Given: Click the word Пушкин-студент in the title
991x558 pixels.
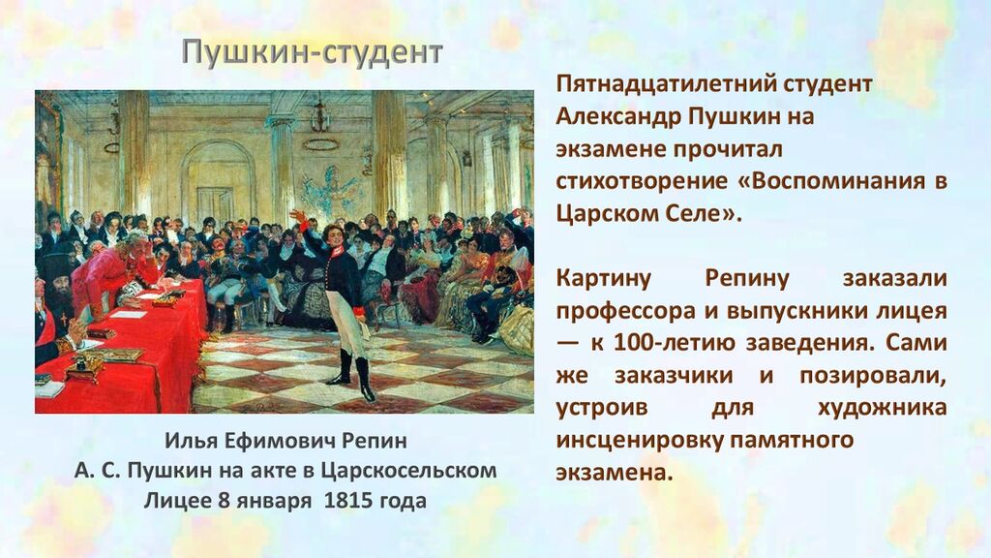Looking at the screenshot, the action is tap(313, 52).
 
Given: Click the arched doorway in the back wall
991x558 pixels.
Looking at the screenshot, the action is tap(218, 179).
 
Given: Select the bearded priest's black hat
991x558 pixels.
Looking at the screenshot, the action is tap(62, 264).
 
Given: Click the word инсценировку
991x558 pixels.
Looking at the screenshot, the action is tap(639, 440).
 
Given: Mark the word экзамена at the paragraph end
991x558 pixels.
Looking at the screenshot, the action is tap(613, 472).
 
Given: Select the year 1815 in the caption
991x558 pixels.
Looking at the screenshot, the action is tap(348, 501).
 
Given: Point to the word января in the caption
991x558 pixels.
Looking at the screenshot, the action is tap(274, 501).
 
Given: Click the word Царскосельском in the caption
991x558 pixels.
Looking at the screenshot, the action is tap(408, 471).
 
